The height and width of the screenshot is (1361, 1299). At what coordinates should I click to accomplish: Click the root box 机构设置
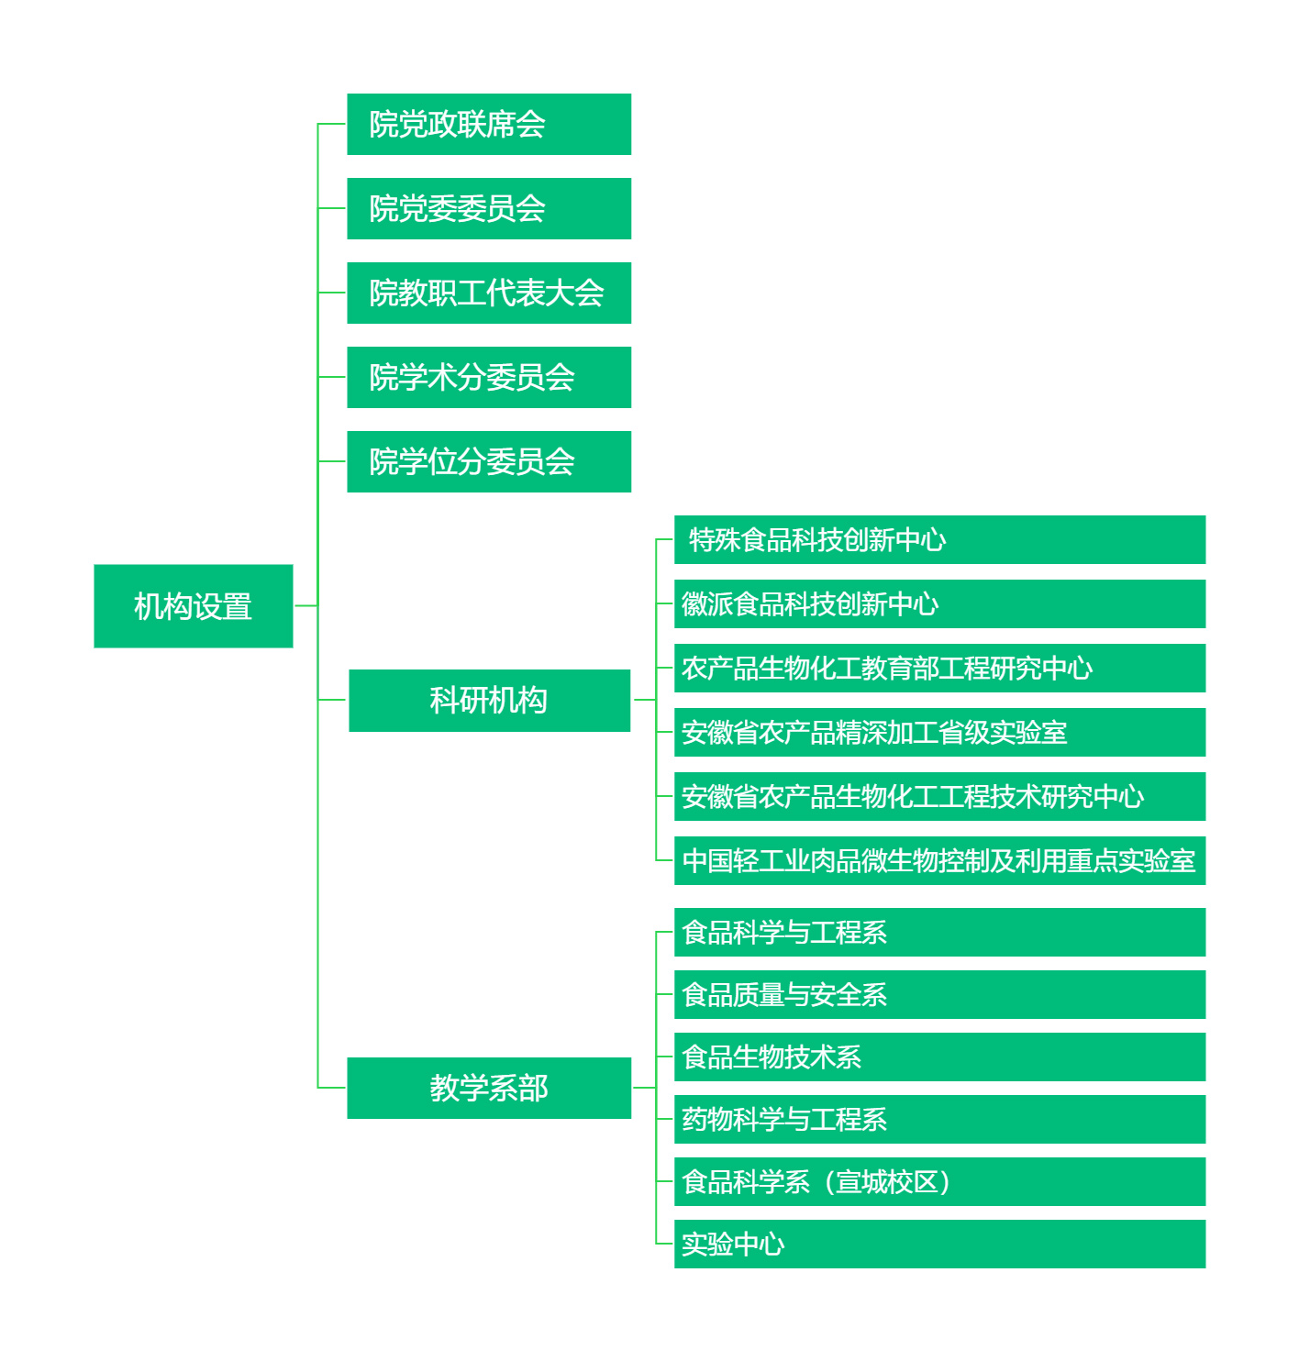tap(194, 606)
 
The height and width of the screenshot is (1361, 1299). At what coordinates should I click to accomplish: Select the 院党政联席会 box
tap(489, 124)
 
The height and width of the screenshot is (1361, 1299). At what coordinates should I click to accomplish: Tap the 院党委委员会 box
tap(489, 208)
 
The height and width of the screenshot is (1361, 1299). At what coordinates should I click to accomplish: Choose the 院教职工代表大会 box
tap(489, 293)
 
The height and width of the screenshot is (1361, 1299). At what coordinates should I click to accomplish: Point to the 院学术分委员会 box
tap(489, 377)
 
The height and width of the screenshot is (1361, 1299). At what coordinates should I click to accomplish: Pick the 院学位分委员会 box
tap(489, 461)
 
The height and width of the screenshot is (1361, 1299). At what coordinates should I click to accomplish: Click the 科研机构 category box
tap(489, 701)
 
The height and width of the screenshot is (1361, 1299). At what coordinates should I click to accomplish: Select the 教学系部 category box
tap(489, 1088)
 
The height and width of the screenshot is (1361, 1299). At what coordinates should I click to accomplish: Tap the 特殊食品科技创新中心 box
tap(939, 539)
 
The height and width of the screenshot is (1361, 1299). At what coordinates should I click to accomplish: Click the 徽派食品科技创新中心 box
tap(939, 603)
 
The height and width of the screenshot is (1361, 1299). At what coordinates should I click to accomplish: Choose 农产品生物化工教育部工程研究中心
tap(939, 668)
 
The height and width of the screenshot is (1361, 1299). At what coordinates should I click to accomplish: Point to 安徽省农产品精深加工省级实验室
tap(939, 732)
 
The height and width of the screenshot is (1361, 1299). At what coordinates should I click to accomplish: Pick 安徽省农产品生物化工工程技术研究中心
tap(939, 796)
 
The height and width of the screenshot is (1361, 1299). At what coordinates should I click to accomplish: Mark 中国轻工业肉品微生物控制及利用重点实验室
tap(939, 860)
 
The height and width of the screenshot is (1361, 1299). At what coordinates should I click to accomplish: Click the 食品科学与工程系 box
tap(939, 932)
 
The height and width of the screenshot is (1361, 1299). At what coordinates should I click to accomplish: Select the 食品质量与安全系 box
tap(939, 994)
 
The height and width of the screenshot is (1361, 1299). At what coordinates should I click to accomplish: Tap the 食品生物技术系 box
tap(939, 1057)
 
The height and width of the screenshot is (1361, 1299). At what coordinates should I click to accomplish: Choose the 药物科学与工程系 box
tap(939, 1119)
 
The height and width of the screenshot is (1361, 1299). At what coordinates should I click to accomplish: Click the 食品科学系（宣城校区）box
tap(939, 1181)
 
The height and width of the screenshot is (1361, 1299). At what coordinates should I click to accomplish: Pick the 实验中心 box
tap(939, 1244)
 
